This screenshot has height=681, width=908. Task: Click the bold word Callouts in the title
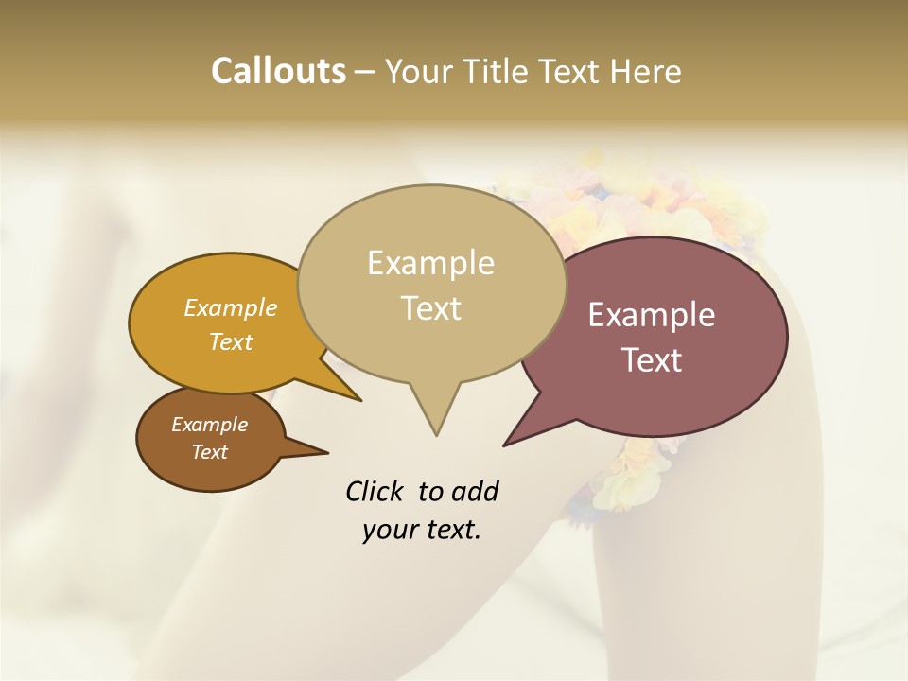tap(278, 71)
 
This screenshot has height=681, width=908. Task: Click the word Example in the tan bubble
tap(430, 263)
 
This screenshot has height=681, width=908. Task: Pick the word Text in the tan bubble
tap(430, 307)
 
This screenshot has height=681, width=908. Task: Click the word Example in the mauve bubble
tap(652, 315)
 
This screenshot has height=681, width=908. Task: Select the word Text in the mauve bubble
tap(652, 359)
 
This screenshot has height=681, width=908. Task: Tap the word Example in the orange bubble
tap(230, 307)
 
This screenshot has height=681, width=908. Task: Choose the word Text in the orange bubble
tap(230, 341)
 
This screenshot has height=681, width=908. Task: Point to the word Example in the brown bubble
tap(209, 425)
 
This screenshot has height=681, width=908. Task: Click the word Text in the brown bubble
tap(209, 452)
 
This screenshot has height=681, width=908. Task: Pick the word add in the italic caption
tap(474, 491)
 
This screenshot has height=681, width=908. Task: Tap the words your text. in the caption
tap(421, 530)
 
